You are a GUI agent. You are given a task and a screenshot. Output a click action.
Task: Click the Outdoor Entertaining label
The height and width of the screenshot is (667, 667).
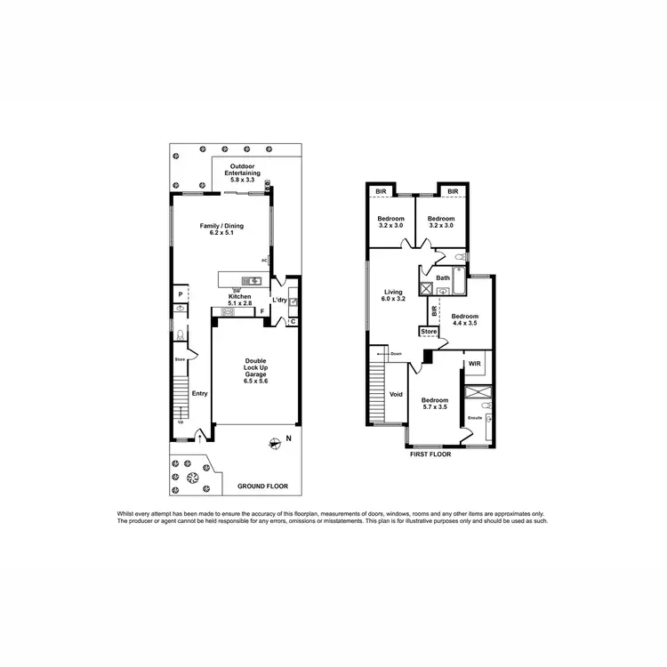click(243, 173)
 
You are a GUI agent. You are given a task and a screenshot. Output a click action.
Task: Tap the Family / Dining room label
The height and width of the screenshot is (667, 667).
click(221, 229)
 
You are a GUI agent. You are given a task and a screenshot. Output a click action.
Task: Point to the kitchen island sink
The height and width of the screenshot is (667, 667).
click(253, 282)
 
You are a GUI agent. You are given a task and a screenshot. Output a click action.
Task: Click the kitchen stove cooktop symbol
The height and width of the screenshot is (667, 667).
click(228, 312)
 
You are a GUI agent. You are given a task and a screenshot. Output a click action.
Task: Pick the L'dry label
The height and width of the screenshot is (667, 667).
click(279, 300)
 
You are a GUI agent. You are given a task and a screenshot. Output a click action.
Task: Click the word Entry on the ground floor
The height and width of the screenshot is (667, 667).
click(199, 394)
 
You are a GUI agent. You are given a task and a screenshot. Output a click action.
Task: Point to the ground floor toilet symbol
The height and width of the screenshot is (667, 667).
click(181, 336)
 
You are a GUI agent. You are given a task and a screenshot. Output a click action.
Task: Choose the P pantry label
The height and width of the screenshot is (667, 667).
click(181, 294)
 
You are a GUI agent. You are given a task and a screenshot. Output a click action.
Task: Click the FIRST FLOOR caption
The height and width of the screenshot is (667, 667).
click(430, 454)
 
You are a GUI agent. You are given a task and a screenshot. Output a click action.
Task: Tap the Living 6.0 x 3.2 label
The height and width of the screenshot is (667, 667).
click(393, 295)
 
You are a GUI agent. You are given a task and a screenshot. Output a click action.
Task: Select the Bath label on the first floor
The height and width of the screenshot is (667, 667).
click(443, 278)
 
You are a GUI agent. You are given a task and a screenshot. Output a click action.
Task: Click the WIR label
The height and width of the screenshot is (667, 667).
click(474, 364)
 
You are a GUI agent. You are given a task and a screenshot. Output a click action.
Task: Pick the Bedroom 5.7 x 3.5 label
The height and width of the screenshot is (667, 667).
click(435, 404)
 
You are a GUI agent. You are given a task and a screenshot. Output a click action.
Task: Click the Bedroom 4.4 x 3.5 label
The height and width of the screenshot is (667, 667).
click(464, 320)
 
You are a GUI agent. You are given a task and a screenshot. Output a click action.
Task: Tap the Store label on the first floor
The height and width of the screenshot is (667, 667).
click(430, 332)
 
